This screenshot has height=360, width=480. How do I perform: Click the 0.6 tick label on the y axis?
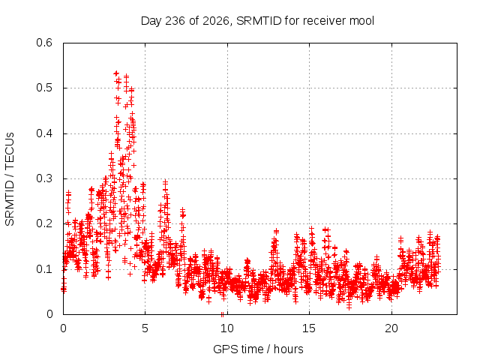click(x=44, y=43)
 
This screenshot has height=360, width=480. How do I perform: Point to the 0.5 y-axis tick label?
click(x=44, y=88)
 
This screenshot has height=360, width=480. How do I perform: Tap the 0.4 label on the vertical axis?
click(x=44, y=133)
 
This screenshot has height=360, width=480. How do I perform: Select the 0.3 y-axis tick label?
click(x=44, y=178)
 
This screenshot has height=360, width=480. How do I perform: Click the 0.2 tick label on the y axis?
click(x=44, y=223)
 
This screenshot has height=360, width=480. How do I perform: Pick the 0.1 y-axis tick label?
click(x=44, y=269)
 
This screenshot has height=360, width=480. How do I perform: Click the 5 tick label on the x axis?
click(x=145, y=328)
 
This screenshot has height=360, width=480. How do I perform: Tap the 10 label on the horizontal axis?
click(x=226, y=328)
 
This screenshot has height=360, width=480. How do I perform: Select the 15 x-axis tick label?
click(x=309, y=328)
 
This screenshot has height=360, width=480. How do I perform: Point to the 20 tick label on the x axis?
click(x=391, y=328)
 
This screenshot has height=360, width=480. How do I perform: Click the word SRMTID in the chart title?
click(x=259, y=21)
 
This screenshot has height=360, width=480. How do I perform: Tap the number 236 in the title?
click(x=175, y=21)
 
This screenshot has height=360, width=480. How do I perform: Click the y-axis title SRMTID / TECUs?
click(x=10, y=179)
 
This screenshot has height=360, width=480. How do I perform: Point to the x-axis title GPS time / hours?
click(x=258, y=349)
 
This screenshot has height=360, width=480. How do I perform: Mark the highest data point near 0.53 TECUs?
click(x=116, y=73)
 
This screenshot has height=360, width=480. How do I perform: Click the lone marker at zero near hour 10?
click(x=222, y=314)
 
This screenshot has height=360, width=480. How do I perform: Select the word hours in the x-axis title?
click(x=288, y=349)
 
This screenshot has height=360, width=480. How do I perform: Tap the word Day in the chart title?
click(x=151, y=21)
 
